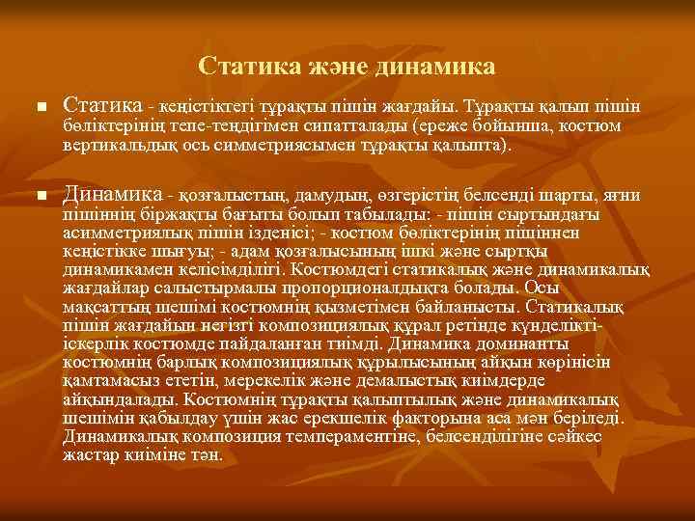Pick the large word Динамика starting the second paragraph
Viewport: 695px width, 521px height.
(112, 196)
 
